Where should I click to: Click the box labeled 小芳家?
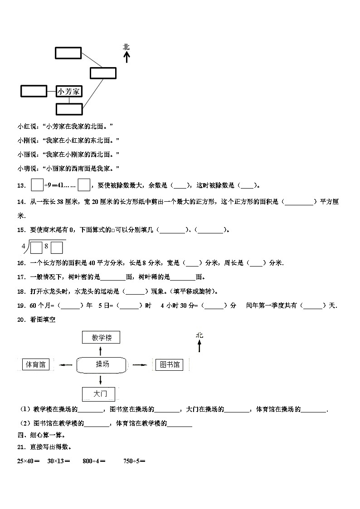click(69, 92)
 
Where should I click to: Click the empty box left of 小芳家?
click(34, 91)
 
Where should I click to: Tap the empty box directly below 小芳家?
click(69, 109)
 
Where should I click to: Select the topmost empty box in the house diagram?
click(68, 53)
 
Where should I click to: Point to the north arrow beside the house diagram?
click(126, 54)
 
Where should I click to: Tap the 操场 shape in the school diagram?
click(102, 364)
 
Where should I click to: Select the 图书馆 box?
click(170, 364)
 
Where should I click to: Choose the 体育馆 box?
click(36, 364)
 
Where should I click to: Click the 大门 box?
click(98, 394)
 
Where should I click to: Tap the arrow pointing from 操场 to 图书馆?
click(139, 364)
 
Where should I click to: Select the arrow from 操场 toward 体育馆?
click(66, 365)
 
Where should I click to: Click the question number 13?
click(21, 185)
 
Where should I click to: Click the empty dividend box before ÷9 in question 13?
click(37, 185)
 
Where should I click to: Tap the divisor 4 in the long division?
click(23, 246)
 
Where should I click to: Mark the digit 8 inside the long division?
click(46, 247)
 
